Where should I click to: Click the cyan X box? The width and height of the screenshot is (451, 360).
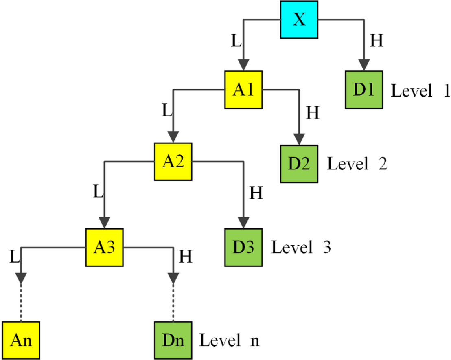click(299, 20)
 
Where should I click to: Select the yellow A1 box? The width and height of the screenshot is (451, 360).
click(243, 90)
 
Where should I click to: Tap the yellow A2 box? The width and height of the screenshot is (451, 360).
click(173, 162)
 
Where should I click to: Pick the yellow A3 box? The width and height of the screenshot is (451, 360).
click(104, 247)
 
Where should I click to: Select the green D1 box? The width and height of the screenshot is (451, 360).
click(363, 90)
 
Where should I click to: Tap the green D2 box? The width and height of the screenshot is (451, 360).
click(300, 164)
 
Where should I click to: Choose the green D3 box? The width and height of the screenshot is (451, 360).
click(243, 247)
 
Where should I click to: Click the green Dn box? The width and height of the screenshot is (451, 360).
click(173, 340)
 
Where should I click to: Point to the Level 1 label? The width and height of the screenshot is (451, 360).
click(420, 91)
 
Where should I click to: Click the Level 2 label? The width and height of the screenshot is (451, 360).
click(357, 164)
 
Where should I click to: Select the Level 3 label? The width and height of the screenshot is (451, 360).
click(301, 248)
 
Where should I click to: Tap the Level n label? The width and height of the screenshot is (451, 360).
click(229, 340)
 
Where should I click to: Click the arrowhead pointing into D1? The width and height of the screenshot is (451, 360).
click(363, 65)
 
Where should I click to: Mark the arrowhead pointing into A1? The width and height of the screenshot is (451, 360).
click(243, 65)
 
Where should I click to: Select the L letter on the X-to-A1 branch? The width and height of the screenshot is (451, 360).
click(235, 41)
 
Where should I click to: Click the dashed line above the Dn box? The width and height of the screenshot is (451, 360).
click(173, 301)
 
